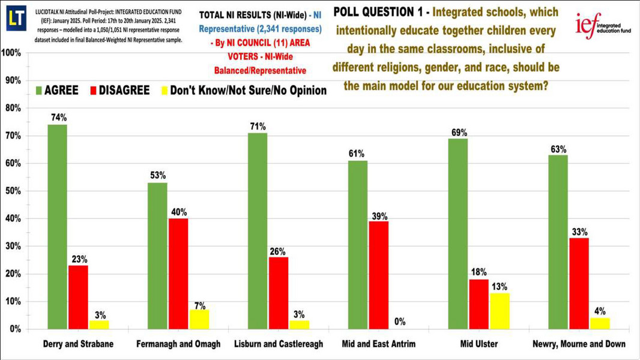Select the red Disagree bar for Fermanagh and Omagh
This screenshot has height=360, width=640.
click(x=178, y=274)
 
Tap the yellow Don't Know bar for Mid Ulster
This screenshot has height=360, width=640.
click(x=500, y=311)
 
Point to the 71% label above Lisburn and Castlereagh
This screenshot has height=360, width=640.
click(x=258, y=127)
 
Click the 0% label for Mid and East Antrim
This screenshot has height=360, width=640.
click(x=399, y=322)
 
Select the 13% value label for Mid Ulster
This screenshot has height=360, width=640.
click(x=500, y=286)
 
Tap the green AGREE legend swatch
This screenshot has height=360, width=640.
click(x=40, y=91)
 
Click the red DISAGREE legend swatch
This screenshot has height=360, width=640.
click(x=93, y=91)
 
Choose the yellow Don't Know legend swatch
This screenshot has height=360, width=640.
click(x=165, y=91)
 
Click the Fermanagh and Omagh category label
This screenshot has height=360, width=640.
click(x=178, y=344)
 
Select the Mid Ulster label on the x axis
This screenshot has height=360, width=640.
click(x=479, y=344)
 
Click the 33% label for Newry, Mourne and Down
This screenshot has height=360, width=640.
click(x=579, y=232)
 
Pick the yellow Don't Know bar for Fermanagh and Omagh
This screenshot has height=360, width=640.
click(x=199, y=319)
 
